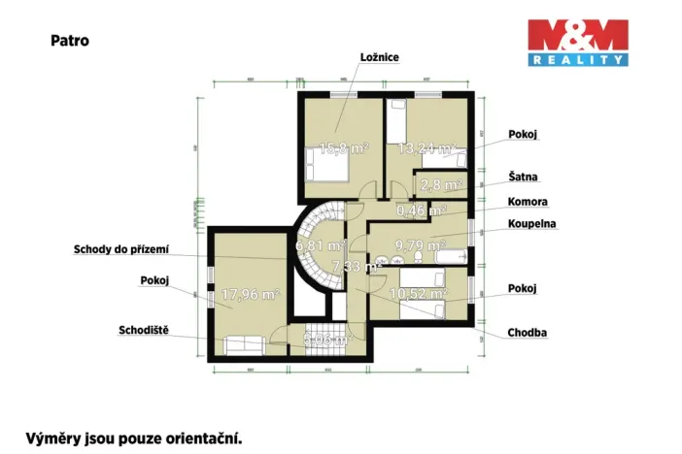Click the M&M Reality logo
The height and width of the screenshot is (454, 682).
[x=577, y=42]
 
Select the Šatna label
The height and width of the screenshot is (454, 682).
[x=523, y=178]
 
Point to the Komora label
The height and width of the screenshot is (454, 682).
[x=528, y=202]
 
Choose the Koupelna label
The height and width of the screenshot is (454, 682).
[x=532, y=224]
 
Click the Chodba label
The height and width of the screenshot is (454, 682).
[x=527, y=333]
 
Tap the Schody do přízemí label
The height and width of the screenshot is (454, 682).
[x=120, y=249]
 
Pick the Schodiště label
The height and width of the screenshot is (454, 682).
[x=144, y=328]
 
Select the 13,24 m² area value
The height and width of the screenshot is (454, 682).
[x=426, y=148]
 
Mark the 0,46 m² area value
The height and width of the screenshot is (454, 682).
[x=422, y=209]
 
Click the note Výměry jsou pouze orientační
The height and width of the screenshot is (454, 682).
[x=132, y=438]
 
